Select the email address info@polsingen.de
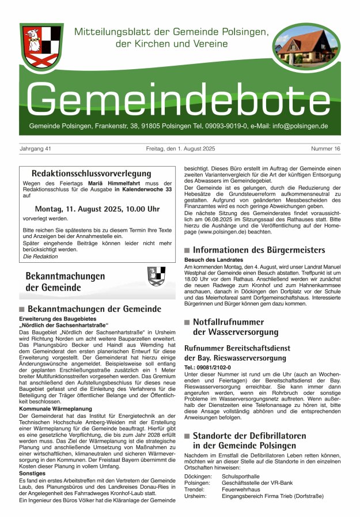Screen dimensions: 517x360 coord(298,126)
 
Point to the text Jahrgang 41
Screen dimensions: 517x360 coord(36,149)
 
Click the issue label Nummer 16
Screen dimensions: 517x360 coord(325,149)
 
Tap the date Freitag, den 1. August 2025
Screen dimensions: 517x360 coord(180,149)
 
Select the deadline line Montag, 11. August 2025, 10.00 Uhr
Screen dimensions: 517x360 coord(97,209)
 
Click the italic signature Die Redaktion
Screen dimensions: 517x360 coord(36,256)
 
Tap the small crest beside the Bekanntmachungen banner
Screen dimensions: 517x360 coord(156,276)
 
